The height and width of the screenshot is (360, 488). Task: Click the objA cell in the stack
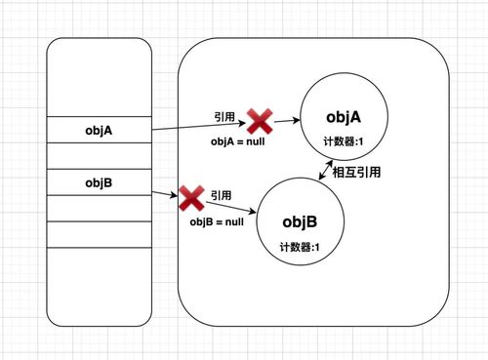[100, 130]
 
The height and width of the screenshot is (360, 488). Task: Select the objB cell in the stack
[100, 181]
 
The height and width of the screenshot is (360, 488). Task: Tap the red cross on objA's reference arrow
[259, 121]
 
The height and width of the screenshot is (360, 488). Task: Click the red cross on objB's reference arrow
[189, 200]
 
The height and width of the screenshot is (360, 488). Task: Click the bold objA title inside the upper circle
[344, 118]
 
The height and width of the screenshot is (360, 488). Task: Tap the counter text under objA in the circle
[343, 143]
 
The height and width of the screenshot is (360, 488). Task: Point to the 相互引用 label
[356, 173]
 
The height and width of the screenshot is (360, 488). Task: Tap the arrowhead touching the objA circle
[296, 123]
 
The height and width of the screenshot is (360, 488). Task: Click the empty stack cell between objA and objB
[100, 155]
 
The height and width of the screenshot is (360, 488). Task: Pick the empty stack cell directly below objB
[100, 208]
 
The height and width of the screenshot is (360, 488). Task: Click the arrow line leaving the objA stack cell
[195, 126]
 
